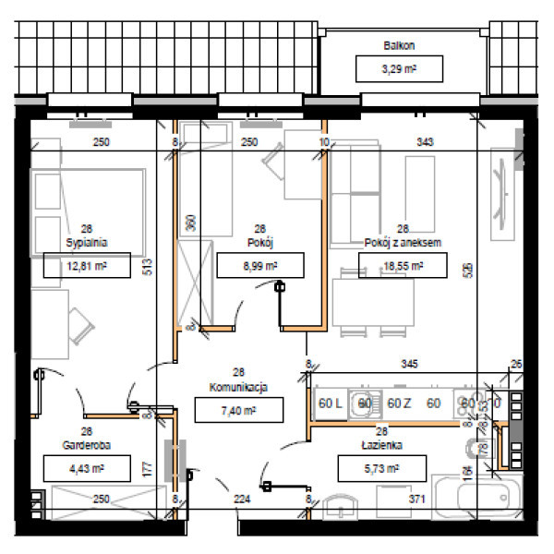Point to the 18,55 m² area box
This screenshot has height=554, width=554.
[403, 265]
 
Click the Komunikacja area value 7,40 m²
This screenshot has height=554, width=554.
[238, 409]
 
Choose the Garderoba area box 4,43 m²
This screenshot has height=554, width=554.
[86, 468]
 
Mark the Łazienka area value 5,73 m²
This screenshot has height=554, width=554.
[380, 468]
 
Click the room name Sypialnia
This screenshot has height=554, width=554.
[87, 242]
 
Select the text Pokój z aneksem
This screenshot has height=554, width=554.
[403, 242]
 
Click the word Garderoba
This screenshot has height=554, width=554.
[86, 443]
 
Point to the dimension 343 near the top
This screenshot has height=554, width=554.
[426, 142]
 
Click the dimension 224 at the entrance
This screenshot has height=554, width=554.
[243, 500]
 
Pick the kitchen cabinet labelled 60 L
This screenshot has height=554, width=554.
[330, 403]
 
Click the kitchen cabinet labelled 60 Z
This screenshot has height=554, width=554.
[399, 403]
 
